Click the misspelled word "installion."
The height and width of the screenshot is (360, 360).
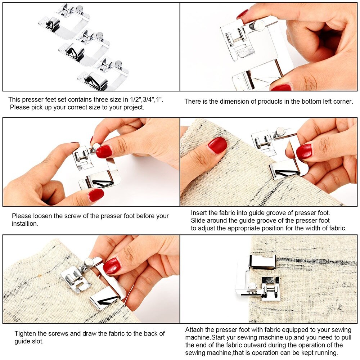(25, 224)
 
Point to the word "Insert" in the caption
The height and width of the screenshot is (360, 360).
(199, 213)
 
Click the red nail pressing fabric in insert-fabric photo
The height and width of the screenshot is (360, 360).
(217, 145)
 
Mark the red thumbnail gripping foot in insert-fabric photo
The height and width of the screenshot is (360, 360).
(304, 151)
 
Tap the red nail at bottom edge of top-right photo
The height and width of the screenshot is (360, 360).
(281, 87)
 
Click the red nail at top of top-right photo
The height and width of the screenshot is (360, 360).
(242, 14)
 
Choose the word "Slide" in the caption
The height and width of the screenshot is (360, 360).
(198, 220)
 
